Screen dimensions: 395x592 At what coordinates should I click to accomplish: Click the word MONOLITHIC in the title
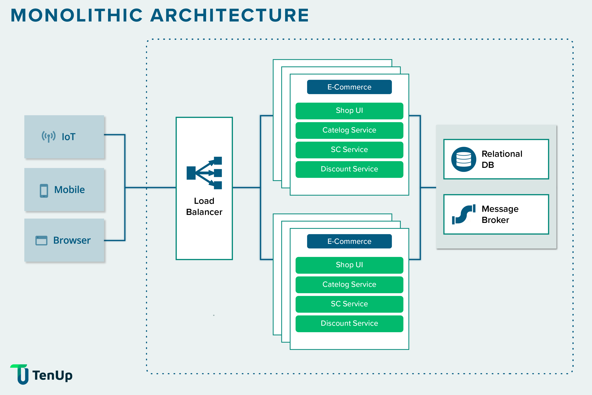click(x=77, y=16)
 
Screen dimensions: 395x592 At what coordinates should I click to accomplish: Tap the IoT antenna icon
click(x=48, y=137)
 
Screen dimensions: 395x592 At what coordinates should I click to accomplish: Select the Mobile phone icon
click(x=44, y=191)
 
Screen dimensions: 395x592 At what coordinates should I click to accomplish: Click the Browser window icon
click(x=41, y=240)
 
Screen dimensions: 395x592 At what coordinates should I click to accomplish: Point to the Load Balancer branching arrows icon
click(x=204, y=173)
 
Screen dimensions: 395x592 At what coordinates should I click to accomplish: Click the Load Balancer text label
click(x=204, y=207)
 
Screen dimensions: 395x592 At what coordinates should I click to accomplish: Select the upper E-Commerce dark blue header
click(x=349, y=87)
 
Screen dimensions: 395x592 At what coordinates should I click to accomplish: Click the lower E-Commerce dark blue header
click(x=349, y=241)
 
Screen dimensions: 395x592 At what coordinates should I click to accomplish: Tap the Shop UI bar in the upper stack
click(x=349, y=111)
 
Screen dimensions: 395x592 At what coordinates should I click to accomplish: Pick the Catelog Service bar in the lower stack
click(x=349, y=284)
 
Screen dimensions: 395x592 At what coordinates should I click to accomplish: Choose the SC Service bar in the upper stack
click(x=349, y=150)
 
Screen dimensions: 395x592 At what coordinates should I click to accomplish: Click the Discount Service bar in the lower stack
click(x=349, y=323)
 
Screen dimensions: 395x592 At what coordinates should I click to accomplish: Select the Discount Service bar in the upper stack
click(x=349, y=169)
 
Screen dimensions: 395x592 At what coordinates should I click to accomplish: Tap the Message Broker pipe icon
click(x=463, y=214)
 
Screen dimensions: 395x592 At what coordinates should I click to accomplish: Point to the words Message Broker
click(x=500, y=214)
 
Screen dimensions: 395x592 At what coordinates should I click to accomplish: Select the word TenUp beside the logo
click(x=52, y=375)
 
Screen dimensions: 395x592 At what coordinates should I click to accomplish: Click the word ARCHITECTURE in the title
click(x=229, y=16)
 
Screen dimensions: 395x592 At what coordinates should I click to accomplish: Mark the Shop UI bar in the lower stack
click(x=349, y=265)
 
